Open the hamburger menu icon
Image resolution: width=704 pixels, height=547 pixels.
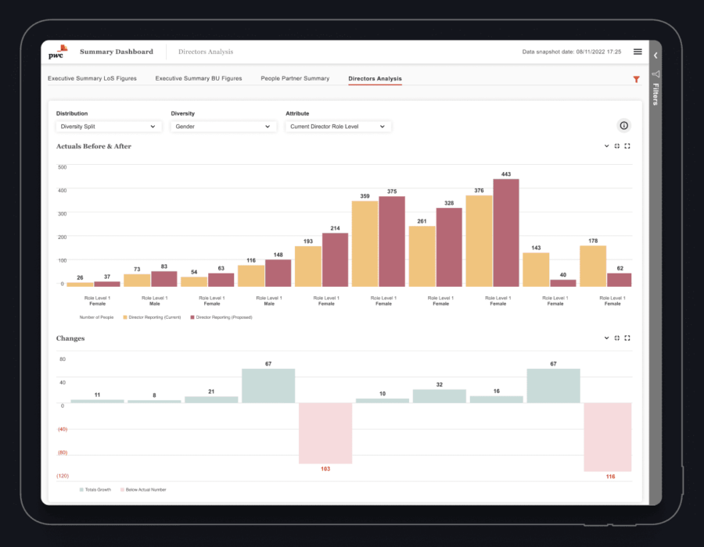pos(638,52)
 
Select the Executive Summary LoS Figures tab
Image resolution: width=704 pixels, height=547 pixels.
pos(92,78)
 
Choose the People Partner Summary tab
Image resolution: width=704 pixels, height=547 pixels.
pos(295,78)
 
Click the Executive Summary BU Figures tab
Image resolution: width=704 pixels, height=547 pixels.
pos(198,78)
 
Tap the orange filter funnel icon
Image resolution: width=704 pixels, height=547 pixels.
pos(636,79)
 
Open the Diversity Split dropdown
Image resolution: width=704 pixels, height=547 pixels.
pos(109,126)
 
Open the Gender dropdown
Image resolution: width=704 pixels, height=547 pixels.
pos(222,126)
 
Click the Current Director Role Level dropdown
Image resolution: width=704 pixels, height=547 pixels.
pos(338,126)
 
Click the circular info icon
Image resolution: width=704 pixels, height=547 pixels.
pos(623,126)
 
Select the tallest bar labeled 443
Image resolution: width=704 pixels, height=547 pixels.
pos(506,233)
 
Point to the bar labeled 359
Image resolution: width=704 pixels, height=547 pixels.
pos(365,244)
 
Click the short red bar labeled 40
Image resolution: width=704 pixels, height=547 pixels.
pos(563,283)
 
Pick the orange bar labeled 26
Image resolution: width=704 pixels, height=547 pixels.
pos(79,284)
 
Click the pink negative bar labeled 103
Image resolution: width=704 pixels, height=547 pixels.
pos(325,434)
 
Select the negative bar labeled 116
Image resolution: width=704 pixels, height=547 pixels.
pos(608,437)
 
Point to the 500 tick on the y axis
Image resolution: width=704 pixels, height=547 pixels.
pos(62,166)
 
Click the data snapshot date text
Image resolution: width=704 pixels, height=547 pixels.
pos(571,52)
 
